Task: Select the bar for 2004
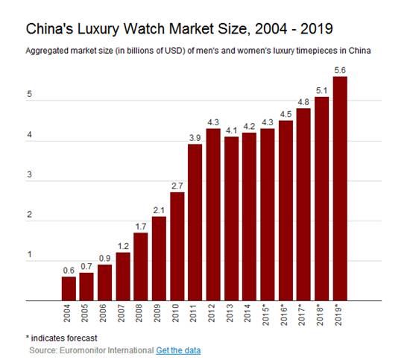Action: coord(69,288)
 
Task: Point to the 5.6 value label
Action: coord(340,70)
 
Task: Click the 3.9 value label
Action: coord(195,138)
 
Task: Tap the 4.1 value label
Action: coord(231,130)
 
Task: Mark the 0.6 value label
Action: coord(69,271)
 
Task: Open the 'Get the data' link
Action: coord(178,350)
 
